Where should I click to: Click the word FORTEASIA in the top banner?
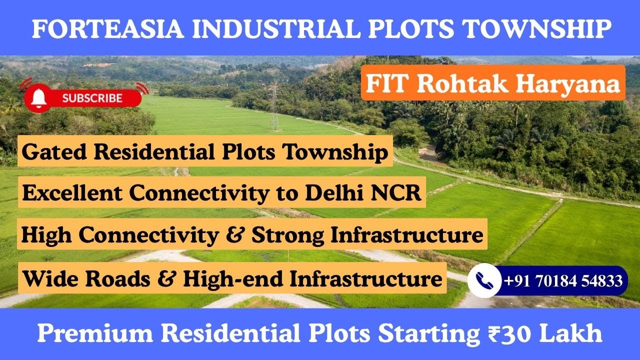pos(107,28)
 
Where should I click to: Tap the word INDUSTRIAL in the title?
pos(276,28)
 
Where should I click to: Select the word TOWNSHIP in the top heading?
pos(537,28)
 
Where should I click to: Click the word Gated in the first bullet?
pos(54,151)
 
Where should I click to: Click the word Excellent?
pos(72,192)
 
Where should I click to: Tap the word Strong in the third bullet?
pos(287,235)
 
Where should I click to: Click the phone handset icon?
pos(484,280)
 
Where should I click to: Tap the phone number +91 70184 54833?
pos(563,280)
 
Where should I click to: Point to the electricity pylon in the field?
pos(274,105)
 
